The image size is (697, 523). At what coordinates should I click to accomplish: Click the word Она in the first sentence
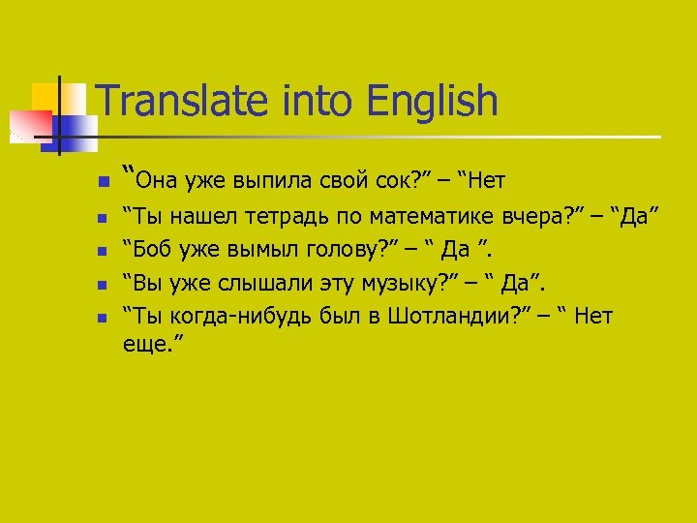(x=156, y=179)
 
